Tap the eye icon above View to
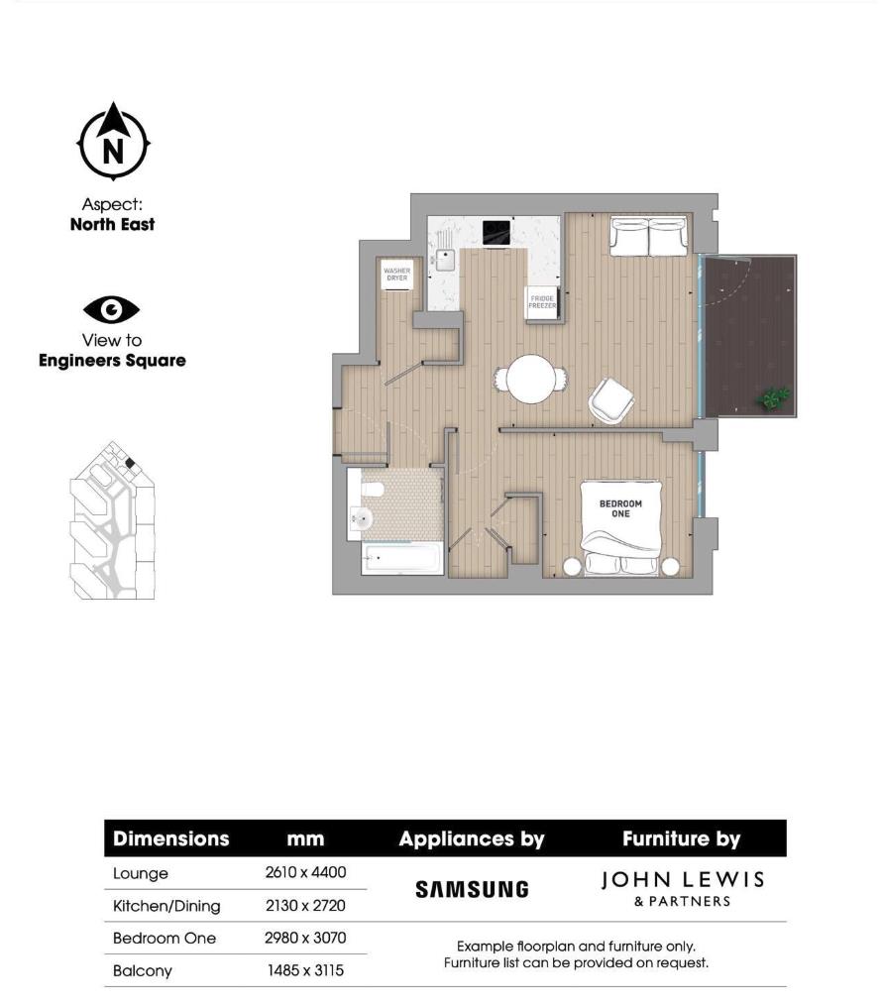(x=112, y=310)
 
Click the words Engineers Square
(x=112, y=361)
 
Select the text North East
(x=112, y=224)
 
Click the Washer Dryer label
(x=396, y=275)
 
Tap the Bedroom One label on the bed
(x=620, y=507)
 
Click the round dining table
(x=531, y=379)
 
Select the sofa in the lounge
(x=649, y=236)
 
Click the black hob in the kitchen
(x=495, y=232)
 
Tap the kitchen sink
(x=444, y=261)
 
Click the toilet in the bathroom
(x=371, y=490)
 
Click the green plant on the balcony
(x=774, y=398)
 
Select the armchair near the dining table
(x=610, y=400)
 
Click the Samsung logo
(x=472, y=889)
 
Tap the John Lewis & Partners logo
(x=683, y=888)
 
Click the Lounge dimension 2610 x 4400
(x=305, y=873)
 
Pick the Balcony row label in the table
(x=143, y=971)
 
